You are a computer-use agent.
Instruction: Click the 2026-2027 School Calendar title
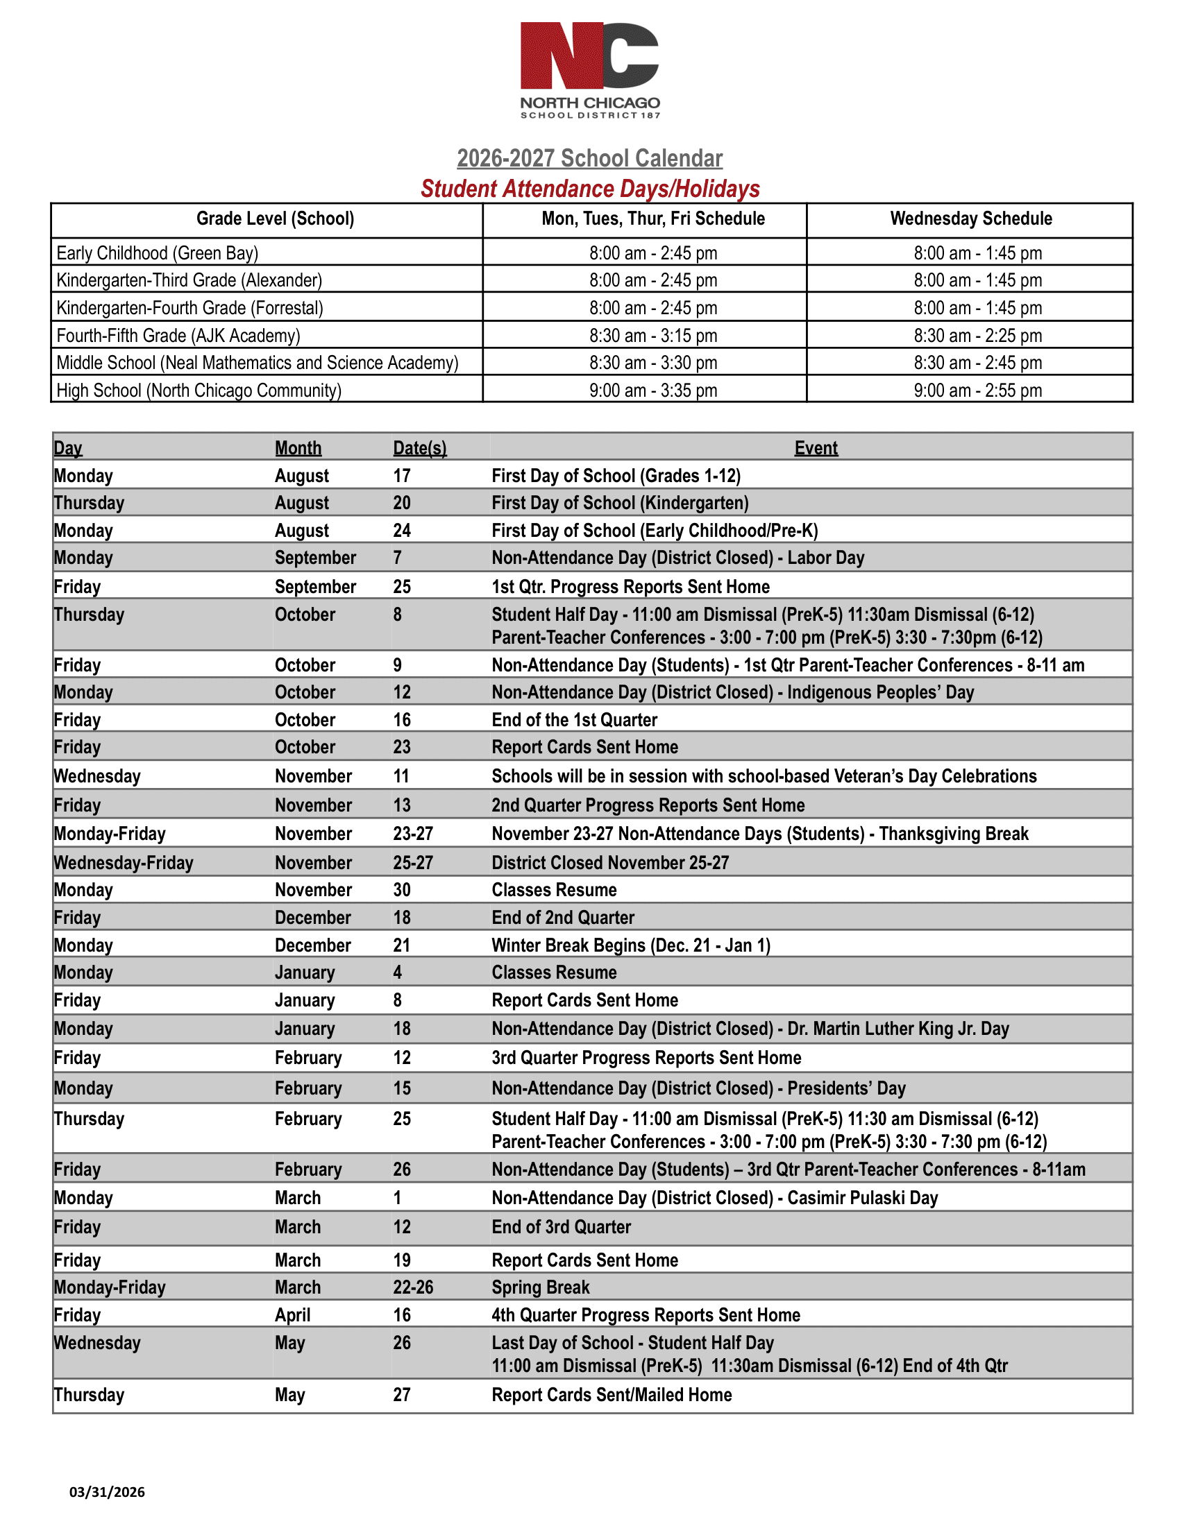589,159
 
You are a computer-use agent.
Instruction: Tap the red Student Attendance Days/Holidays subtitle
589,189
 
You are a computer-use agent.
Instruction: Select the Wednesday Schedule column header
970,218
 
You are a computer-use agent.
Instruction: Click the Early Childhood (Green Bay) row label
158,253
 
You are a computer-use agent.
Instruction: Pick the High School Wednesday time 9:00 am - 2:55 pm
977,391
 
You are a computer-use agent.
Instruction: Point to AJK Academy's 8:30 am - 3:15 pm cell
653,336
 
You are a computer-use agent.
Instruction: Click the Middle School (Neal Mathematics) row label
258,363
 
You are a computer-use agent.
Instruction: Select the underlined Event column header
815,449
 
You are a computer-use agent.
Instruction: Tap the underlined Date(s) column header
419,449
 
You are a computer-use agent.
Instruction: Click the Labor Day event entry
677,558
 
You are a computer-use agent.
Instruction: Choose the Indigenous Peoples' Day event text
732,692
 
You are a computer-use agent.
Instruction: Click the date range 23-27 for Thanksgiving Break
412,834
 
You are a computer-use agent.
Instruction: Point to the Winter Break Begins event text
630,945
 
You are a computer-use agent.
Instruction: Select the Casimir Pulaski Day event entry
714,1199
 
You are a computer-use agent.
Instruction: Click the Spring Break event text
540,1288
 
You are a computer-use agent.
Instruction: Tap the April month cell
292,1316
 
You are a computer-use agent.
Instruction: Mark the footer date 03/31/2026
107,1493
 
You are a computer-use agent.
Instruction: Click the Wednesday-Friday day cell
124,863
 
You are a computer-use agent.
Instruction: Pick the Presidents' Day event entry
698,1088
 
